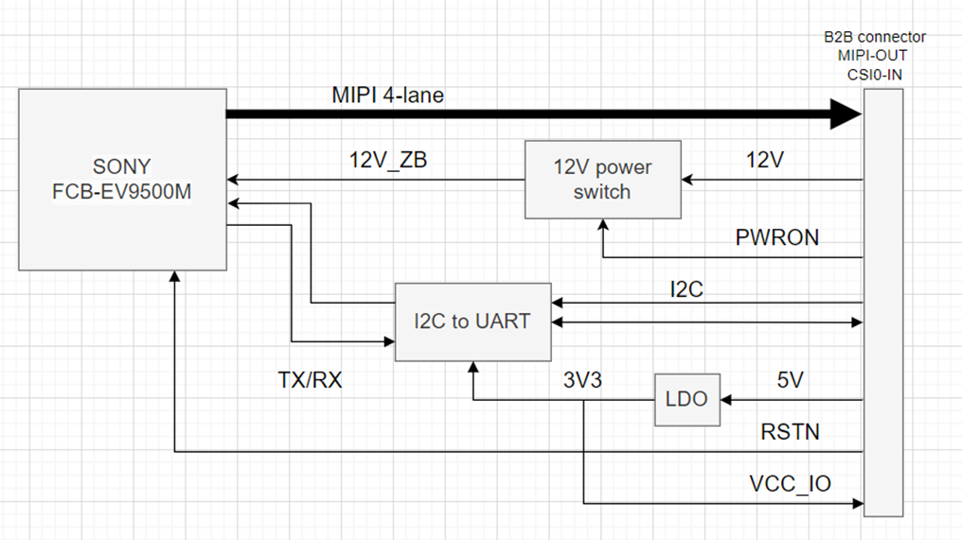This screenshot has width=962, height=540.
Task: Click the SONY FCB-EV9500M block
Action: point(122,179)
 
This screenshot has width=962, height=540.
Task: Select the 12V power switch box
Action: point(603,179)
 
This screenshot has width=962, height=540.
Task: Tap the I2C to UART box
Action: point(472,322)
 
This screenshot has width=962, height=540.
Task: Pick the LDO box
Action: point(686,399)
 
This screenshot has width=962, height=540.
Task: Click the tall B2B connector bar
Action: point(883,303)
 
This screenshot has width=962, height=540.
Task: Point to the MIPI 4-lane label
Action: point(387,95)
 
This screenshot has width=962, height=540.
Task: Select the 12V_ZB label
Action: point(387,161)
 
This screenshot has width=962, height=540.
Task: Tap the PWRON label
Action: point(776,238)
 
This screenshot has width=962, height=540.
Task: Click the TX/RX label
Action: point(310,380)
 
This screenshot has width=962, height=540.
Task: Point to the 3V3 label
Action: point(582,380)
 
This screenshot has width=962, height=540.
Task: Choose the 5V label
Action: point(790,380)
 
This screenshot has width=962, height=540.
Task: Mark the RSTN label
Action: point(790,433)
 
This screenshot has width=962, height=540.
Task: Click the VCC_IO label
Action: point(790,484)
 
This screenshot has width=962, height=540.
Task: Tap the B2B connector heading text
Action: point(875,38)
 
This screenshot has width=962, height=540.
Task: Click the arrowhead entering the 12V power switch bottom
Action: point(603,223)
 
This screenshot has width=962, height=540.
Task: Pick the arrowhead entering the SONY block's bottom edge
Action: point(175,273)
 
